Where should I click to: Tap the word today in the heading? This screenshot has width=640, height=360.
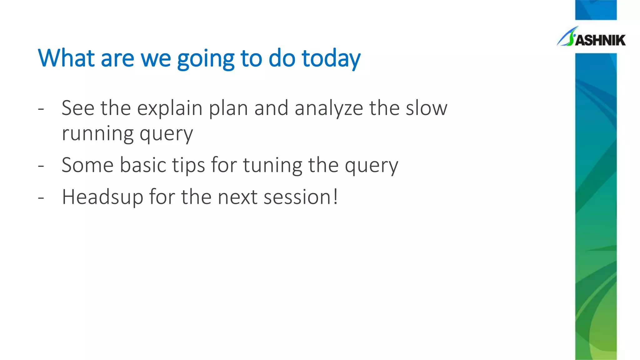[331, 59]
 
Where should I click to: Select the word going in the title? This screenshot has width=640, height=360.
[206, 59]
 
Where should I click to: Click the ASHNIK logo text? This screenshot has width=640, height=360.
[600, 40]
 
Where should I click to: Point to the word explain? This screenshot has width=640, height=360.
[170, 108]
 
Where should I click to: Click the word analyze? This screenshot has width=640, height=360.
[329, 108]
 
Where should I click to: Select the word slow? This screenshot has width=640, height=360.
[427, 108]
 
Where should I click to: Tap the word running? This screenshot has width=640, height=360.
[97, 134]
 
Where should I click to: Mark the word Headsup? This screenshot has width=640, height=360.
[102, 197]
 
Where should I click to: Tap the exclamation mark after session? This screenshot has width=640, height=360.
[335, 197]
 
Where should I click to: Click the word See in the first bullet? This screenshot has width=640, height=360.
[78, 108]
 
